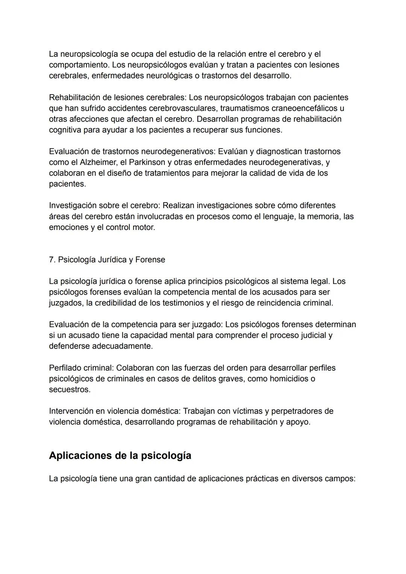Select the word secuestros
[x=69, y=390]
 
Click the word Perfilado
[x=65, y=368]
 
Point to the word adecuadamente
[x=122, y=346]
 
